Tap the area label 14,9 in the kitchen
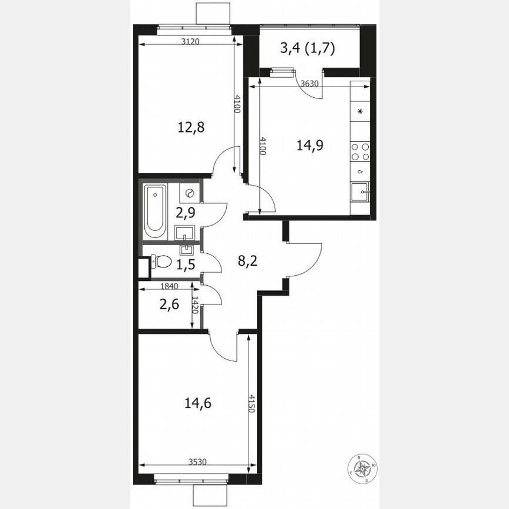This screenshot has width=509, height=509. [310, 144]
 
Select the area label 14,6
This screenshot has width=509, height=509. [198, 404]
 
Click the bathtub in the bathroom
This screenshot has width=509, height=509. [156, 212]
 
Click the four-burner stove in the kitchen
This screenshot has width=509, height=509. [360, 152]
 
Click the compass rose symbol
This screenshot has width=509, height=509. [363, 468]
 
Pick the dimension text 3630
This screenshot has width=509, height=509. [309, 84]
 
